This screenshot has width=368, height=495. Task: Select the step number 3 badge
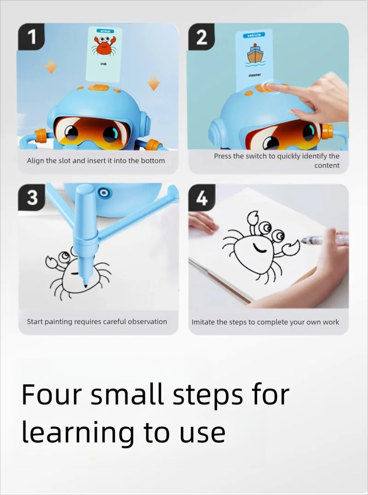32,198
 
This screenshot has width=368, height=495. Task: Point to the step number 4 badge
201,198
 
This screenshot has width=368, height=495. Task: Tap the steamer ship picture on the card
254,54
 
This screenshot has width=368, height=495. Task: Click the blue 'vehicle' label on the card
254,35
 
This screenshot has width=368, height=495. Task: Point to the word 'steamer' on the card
254,75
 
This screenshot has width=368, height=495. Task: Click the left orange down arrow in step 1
51,68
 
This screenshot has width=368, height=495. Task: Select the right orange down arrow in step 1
153,84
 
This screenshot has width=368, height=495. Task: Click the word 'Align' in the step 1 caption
35,161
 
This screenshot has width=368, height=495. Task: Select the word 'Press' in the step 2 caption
223,156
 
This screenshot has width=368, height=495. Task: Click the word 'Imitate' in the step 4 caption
203,322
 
